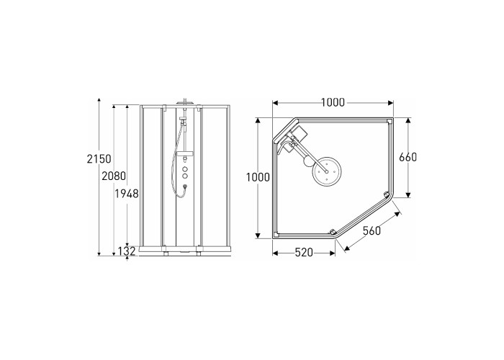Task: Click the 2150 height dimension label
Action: (99, 159)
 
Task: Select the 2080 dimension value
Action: (114, 176)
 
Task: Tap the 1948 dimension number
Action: (127, 194)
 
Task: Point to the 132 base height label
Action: (126, 251)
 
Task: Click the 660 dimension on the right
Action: (408, 157)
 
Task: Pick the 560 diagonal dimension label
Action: (372, 230)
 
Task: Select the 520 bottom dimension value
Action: (304, 253)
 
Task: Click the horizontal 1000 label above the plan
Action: (333, 102)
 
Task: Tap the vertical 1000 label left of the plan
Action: (258, 177)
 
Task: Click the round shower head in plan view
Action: (327, 171)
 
